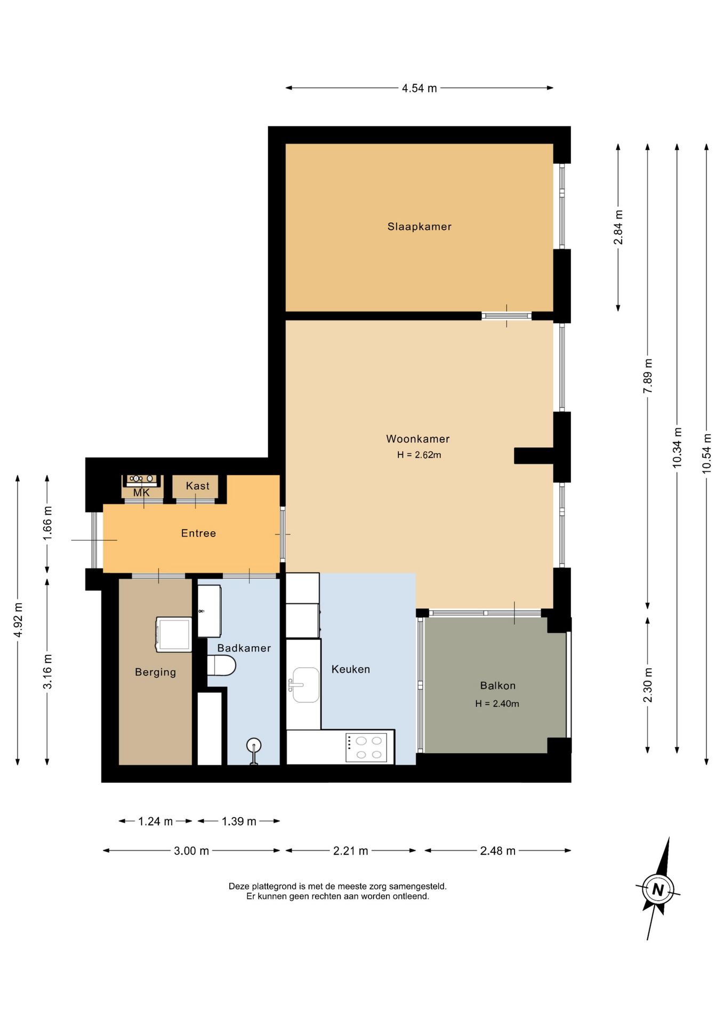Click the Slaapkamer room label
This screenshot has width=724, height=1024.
[419, 227]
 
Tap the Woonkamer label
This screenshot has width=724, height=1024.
[417, 439]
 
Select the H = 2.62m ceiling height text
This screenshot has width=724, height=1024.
[419, 455]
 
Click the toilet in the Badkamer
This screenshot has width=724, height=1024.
[221, 666]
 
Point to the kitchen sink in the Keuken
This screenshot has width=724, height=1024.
[305, 685]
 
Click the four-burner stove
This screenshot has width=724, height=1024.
[366, 747]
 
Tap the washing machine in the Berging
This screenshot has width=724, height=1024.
[174, 635]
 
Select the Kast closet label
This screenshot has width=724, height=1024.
[197, 486]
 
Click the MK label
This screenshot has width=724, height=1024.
[141, 493]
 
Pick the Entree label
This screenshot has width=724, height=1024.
[198, 533]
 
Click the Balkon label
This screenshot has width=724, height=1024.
[497, 686]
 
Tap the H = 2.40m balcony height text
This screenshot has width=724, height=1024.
[497, 703]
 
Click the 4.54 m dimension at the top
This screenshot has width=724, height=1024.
[419, 89]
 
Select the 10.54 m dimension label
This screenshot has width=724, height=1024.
[707, 453]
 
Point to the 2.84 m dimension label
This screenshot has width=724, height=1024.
[618, 227]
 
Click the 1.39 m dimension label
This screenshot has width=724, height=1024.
[239, 821]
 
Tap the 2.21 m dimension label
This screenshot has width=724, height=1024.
[350, 851]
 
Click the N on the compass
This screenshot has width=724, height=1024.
[658, 890]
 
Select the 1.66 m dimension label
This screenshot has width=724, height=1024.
[47, 522]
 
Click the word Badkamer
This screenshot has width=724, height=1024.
[244, 648]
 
